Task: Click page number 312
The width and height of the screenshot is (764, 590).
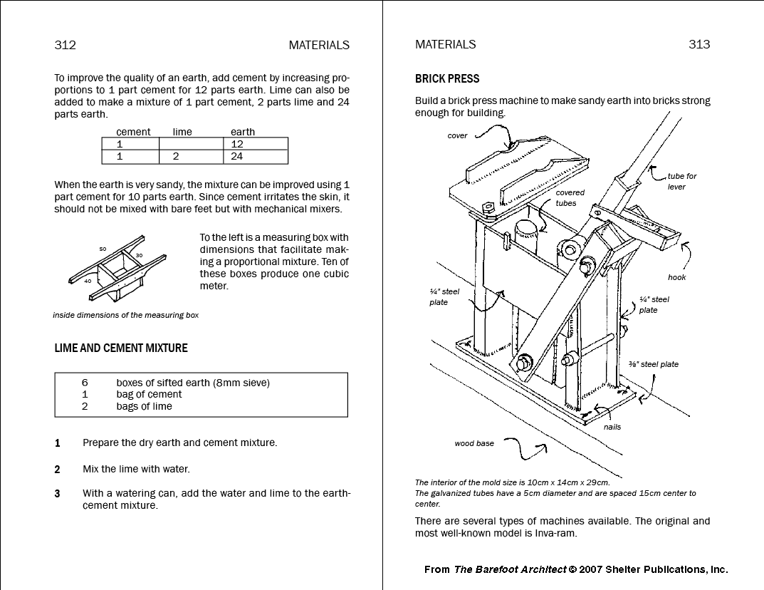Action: click(65, 45)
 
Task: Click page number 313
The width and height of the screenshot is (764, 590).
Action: click(699, 44)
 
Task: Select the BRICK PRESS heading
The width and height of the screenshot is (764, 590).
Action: click(447, 78)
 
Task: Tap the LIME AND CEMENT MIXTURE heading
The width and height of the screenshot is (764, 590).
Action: click(121, 348)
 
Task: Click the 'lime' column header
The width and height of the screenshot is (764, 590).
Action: click(182, 132)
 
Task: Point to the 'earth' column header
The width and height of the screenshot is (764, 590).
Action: click(242, 132)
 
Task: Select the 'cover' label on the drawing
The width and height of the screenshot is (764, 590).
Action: click(457, 136)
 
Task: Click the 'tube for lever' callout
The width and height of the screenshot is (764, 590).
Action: click(681, 181)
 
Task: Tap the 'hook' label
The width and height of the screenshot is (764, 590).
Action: click(676, 277)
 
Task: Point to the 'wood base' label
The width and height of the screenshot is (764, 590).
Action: click(474, 443)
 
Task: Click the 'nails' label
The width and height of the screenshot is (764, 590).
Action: click(612, 427)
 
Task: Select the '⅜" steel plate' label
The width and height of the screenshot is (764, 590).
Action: click(653, 364)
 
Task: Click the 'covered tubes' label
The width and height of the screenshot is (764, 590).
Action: click(570, 197)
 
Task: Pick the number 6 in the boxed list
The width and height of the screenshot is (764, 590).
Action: click(85, 383)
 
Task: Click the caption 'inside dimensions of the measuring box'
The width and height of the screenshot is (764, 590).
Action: click(125, 315)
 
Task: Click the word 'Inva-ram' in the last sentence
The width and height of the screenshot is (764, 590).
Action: click(555, 533)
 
